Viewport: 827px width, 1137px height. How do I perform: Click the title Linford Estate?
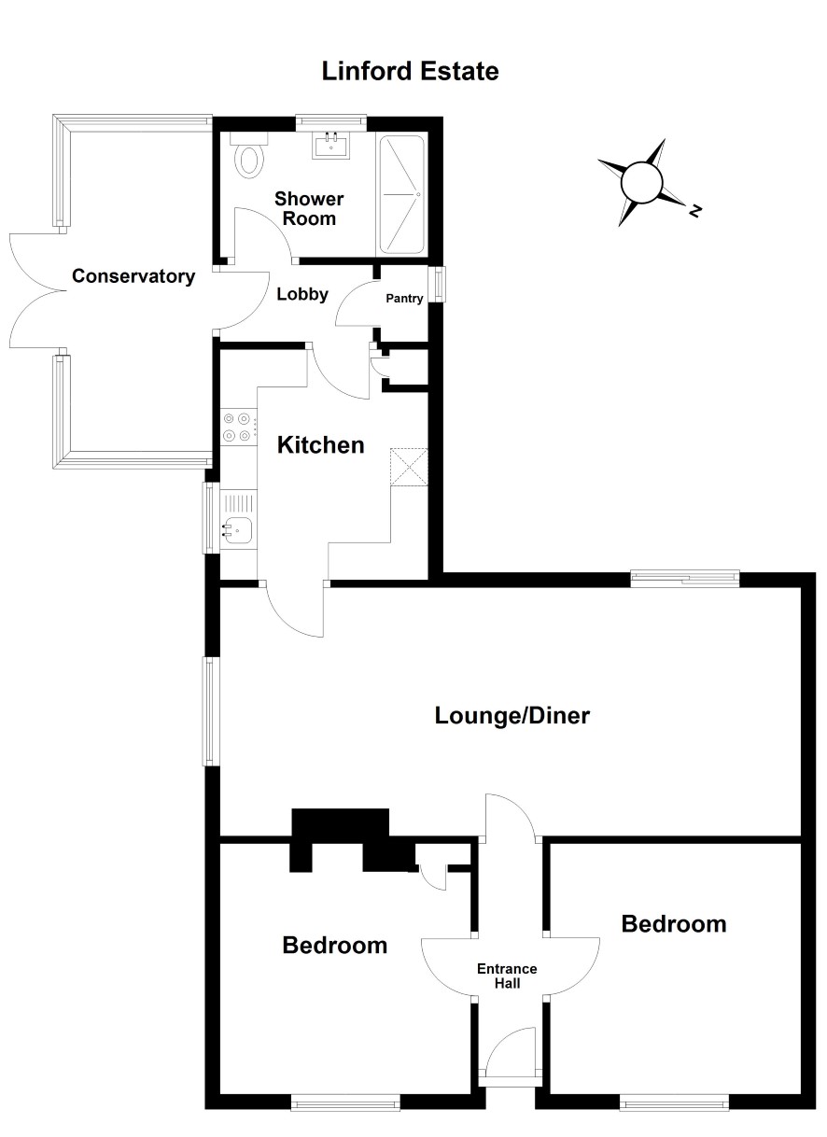click(410, 71)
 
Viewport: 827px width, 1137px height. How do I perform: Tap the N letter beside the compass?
click(695, 210)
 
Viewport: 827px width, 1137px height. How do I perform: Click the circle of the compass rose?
click(641, 182)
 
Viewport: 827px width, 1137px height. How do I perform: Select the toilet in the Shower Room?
click(249, 155)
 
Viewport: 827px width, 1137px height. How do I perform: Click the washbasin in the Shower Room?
click(331, 145)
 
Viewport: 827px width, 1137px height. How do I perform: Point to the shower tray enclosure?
click(401, 194)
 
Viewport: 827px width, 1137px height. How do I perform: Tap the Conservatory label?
click(133, 276)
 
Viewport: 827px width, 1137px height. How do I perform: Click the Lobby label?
click(302, 294)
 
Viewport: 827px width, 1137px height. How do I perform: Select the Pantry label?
click(404, 298)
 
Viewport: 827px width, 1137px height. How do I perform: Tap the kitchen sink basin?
click(238, 530)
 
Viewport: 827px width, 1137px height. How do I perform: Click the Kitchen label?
click(321, 445)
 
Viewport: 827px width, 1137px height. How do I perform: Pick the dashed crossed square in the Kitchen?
click(409, 467)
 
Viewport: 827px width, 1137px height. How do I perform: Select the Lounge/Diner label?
click(512, 716)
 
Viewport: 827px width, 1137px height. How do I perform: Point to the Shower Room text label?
click(309, 208)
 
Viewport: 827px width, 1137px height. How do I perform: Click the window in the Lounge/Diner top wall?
click(685, 579)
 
